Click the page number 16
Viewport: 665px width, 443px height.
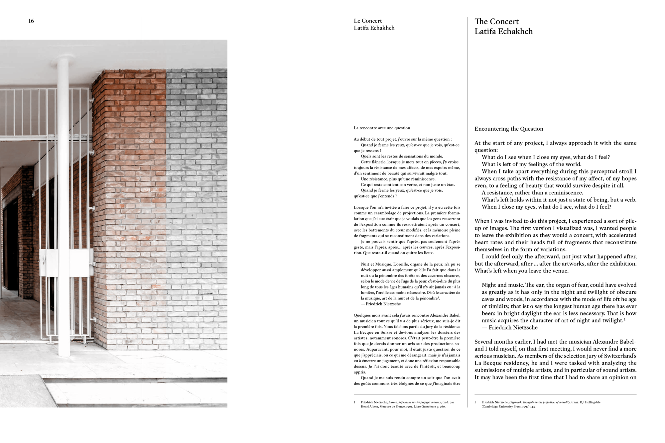[x=31, y=21]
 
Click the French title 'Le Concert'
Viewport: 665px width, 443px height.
[x=368, y=21]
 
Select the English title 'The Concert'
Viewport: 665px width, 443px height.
[x=496, y=22]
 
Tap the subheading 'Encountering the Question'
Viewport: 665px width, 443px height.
[x=509, y=129]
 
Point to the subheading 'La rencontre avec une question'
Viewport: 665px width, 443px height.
[x=382, y=128]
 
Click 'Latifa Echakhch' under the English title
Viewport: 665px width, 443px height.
[x=503, y=32]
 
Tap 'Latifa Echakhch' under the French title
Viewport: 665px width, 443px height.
[x=374, y=28]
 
